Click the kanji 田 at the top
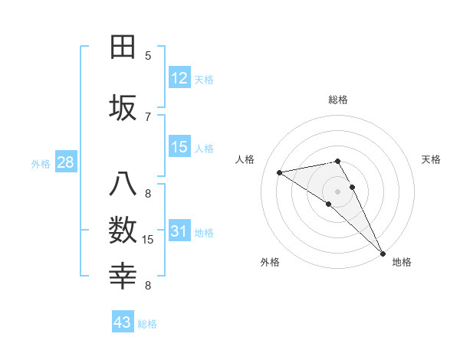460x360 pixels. click(123, 47)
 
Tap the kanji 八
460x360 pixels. click(123, 186)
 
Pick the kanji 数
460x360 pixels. click(123, 231)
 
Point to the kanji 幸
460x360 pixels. click(123, 275)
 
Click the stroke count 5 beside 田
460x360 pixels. click(148, 55)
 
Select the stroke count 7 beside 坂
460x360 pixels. click(148, 116)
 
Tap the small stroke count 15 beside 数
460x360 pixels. click(148, 240)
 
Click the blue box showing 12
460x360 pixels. click(179, 78)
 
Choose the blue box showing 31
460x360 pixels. click(179, 232)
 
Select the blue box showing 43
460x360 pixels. click(123, 322)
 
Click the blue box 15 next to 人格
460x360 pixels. click(179, 147)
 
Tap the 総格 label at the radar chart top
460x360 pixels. click(337, 100)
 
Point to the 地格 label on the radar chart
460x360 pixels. click(402, 262)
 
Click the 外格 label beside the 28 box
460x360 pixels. click(40, 163)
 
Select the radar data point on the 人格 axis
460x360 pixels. click(280, 172)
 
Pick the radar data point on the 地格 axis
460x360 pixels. click(383, 253)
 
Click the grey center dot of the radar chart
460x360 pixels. click(337, 191)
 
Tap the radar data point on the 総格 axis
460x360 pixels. click(337, 161)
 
